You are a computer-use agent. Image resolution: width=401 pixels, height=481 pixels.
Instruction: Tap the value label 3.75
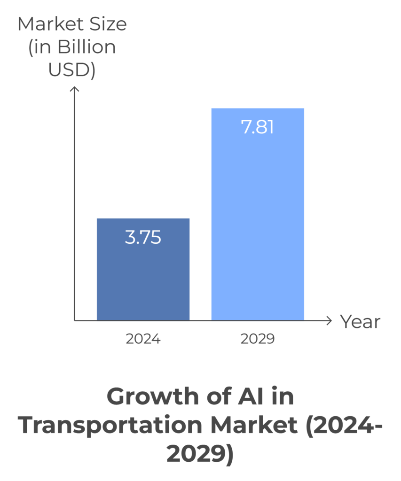click(143, 237)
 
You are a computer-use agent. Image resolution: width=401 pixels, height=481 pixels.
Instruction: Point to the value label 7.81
click(258, 127)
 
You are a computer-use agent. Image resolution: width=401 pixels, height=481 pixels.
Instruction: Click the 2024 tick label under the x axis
click(143, 339)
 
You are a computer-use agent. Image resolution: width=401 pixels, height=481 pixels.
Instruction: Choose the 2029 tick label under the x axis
click(258, 339)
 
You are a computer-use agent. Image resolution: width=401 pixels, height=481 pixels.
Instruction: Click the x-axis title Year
click(360, 322)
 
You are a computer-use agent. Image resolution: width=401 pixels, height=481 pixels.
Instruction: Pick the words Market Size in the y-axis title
click(72, 24)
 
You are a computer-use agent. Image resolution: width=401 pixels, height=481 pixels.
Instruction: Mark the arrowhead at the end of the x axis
click(329, 321)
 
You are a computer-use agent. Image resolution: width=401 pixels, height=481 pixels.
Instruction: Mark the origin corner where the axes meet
click(74, 321)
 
